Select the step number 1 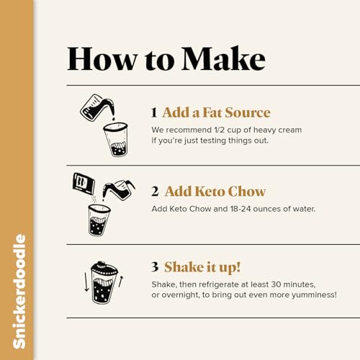point(154,113)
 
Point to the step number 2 point(155,192)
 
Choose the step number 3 point(155,266)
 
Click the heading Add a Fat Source point(216,113)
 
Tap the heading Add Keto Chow point(215,192)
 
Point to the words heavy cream point(279,130)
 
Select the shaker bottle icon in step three point(103,283)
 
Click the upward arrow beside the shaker point(121,281)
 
